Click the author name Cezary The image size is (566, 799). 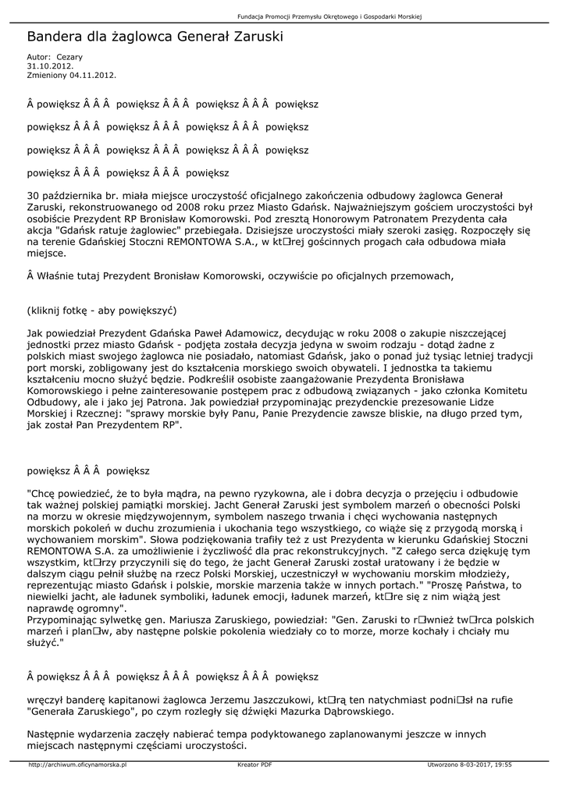coord(69,57)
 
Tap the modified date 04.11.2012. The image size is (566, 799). coord(92,75)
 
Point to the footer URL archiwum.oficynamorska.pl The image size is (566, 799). coord(77,765)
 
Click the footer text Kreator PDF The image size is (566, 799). coord(255,765)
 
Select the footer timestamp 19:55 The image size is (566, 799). coord(503,765)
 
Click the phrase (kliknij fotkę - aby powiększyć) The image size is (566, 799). coord(102,310)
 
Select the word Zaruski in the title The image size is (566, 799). coord(258,37)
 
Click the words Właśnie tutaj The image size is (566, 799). coord(69,275)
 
